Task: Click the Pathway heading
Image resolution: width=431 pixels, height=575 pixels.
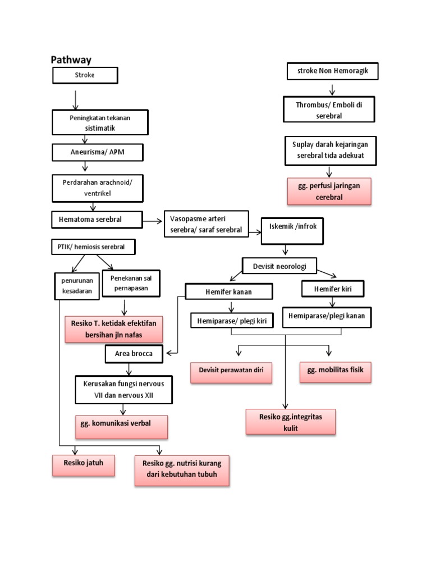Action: click(71, 60)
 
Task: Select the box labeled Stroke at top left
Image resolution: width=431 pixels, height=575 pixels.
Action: click(85, 75)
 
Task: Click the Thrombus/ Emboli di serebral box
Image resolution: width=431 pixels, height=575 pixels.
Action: click(328, 109)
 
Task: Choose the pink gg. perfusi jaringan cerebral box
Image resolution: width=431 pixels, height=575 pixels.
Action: click(329, 191)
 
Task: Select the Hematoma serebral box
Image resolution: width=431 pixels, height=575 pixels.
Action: click(97, 219)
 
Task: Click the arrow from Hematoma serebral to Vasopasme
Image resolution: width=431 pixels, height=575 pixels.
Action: click(153, 222)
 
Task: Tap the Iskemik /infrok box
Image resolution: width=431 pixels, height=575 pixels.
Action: click(292, 230)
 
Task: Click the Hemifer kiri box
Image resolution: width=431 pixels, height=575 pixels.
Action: click(333, 289)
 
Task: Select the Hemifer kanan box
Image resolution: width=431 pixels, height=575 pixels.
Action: click(229, 291)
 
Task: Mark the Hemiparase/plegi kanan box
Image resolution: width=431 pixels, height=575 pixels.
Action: click(326, 316)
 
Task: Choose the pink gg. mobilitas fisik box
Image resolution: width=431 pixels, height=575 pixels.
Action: click(336, 371)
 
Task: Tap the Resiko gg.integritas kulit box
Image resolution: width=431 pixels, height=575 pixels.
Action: click(291, 422)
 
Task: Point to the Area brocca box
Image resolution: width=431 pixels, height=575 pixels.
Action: click(135, 354)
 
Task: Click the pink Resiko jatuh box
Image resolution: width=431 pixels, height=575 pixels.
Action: click(84, 465)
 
